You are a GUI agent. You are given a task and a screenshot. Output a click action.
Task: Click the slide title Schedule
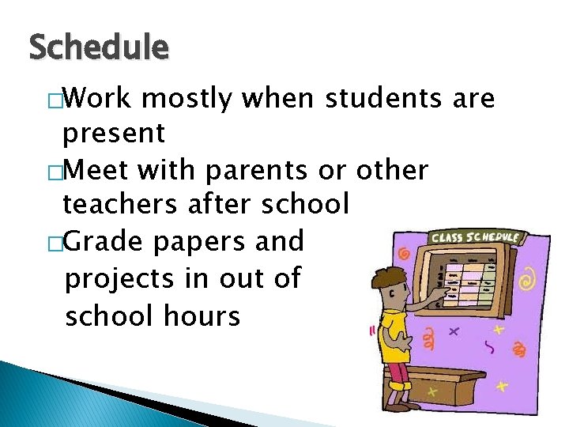(98, 48)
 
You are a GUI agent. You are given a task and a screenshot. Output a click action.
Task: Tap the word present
(114, 134)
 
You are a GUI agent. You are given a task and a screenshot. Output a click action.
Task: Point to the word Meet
(101, 169)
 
